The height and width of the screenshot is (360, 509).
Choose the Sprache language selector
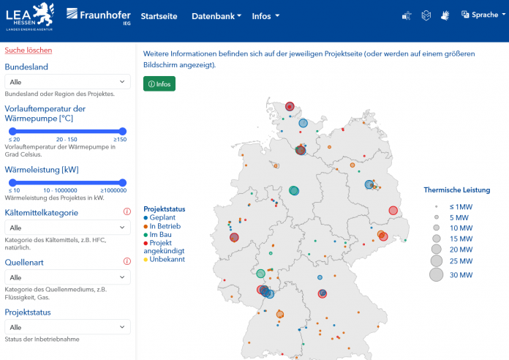[480, 15]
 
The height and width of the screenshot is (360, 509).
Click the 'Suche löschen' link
[29, 50]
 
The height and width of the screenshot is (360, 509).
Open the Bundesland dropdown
[67, 82]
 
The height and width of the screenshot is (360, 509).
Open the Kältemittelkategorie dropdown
[67, 228]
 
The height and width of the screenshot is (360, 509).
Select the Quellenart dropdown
[67, 277]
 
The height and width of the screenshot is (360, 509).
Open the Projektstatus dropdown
[67, 327]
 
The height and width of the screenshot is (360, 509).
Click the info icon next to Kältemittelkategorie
[127, 212]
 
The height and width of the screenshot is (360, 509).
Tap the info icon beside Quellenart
[127, 261]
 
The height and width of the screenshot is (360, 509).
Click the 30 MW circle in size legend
[436, 275]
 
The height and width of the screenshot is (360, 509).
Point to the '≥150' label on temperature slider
[119, 139]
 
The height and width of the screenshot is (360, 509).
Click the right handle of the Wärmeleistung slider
[122, 182]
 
